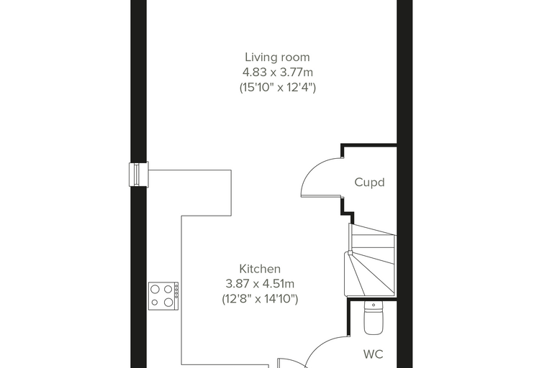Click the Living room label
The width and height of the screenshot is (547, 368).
coord(277,57)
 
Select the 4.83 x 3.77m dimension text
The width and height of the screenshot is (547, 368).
coord(278,73)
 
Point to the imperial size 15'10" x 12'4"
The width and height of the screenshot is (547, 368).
coord(278,87)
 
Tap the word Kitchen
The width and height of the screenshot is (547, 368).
coord(260,269)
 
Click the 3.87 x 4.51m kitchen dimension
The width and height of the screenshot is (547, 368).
coord(260,284)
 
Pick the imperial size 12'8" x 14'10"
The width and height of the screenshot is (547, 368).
coord(260,299)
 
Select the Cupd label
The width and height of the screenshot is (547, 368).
coord(369,183)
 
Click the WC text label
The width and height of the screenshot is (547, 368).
coord(374,354)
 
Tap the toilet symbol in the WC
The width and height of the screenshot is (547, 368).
coord(374,317)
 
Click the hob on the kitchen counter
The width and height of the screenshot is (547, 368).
coord(163,296)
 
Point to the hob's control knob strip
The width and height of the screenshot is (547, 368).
coord(176,290)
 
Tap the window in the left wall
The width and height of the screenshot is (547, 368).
coord(139,174)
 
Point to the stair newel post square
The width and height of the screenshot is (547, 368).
coord(350,253)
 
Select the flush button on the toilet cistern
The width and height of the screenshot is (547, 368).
coord(374,305)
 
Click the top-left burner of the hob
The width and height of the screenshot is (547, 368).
coord(155,289)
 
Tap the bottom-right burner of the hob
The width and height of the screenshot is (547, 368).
coord(168,302)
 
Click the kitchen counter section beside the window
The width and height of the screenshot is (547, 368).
coord(190,193)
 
